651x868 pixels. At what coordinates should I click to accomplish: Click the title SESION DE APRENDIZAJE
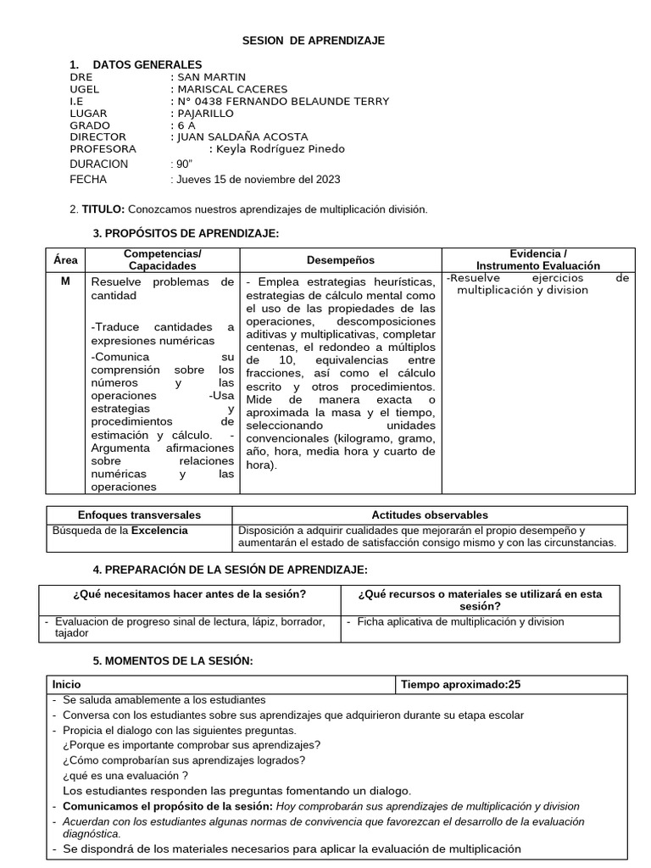tap(314, 41)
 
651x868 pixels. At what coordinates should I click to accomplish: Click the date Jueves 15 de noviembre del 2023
tap(258, 179)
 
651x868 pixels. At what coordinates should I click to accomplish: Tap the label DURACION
tap(98, 164)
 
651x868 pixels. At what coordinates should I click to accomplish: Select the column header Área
tap(65, 260)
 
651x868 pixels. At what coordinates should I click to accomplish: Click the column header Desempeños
tap(340, 260)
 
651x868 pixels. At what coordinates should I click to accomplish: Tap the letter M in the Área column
tap(65, 281)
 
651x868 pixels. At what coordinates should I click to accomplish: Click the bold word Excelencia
tap(159, 531)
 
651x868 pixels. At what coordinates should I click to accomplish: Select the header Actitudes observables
tap(430, 515)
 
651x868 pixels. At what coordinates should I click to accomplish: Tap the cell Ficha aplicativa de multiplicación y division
tap(460, 621)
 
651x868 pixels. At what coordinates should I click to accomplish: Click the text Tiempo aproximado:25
tap(461, 683)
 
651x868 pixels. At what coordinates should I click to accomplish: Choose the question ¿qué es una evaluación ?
tap(125, 775)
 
